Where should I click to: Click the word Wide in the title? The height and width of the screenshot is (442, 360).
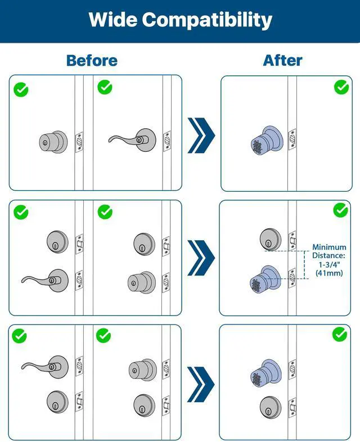point(112,20)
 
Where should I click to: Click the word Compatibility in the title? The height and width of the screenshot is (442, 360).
point(206,20)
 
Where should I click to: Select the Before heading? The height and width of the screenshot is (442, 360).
point(92,60)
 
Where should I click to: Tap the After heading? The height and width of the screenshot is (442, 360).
point(282,60)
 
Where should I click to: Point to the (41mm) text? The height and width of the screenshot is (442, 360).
point(330,273)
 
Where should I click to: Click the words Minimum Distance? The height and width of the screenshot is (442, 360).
point(330,251)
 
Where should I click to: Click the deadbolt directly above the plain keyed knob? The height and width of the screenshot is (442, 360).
point(144,243)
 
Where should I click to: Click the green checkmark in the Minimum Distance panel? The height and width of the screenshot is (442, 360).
point(340,210)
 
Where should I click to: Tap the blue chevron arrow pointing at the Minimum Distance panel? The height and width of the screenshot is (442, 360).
point(201,257)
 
